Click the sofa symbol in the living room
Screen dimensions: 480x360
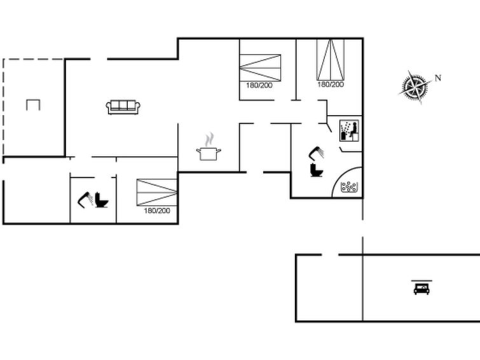[x=123, y=107]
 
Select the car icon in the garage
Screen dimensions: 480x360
[x=422, y=289]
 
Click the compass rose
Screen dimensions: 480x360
[x=414, y=87]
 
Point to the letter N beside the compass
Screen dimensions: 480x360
[x=438, y=78]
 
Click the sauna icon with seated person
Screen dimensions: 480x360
[x=349, y=131]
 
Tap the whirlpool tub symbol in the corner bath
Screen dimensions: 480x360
[x=349, y=186]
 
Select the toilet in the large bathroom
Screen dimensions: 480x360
[x=317, y=170]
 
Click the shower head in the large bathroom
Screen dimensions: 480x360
[x=317, y=153]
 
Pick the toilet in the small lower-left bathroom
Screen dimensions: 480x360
[x=102, y=200]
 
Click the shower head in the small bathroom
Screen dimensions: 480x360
[x=86, y=200]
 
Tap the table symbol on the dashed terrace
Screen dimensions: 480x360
[x=33, y=105]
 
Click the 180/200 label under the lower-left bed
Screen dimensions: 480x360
[x=157, y=211]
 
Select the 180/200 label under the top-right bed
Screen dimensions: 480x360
[x=331, y=84]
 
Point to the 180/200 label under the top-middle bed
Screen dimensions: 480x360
[x=259, y=85]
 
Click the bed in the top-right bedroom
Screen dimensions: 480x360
[x=331, y=60]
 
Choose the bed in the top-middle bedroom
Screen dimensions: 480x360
[x=260, y=67]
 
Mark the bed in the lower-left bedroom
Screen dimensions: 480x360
[x=157, y=193]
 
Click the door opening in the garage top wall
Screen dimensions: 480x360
[x=330, y=254]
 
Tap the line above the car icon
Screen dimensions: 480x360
[x=422, y=280]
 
